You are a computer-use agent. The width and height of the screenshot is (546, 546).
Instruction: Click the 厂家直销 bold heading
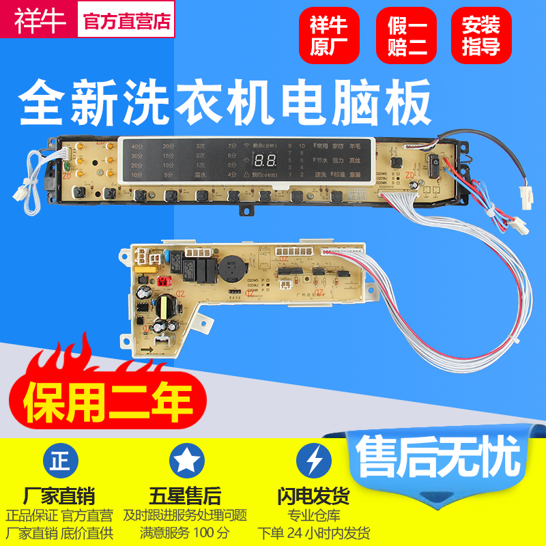59,495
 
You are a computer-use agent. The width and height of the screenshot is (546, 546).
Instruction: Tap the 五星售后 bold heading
185,495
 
